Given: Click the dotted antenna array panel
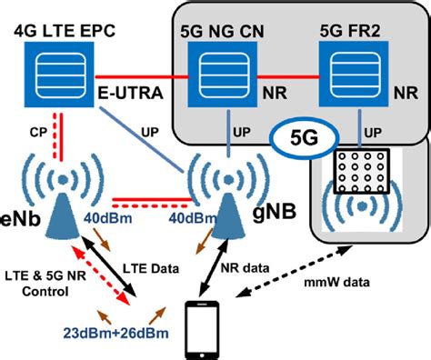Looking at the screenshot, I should click(362, 168).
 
